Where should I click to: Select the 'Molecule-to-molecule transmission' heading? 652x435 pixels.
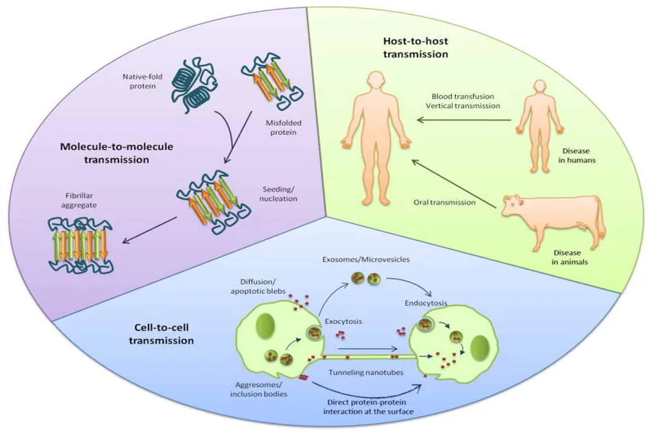108,154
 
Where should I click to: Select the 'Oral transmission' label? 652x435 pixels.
445,202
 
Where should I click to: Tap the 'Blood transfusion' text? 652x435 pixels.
463,96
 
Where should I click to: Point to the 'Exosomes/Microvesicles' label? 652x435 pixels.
374,259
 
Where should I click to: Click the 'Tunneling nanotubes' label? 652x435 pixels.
366,372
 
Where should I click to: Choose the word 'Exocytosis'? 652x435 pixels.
343,321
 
